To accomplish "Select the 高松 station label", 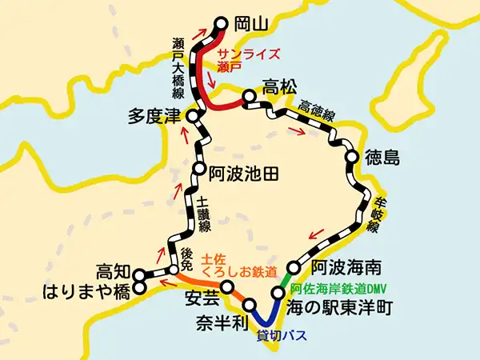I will (x=281, y=84).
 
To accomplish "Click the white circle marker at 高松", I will (x=249, y=97).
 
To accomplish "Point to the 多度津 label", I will (x=155, y=116).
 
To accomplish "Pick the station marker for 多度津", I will (x=192, y=117).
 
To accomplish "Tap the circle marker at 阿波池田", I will (x=198, y=169).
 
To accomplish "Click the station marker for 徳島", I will (x=352, y=157).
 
